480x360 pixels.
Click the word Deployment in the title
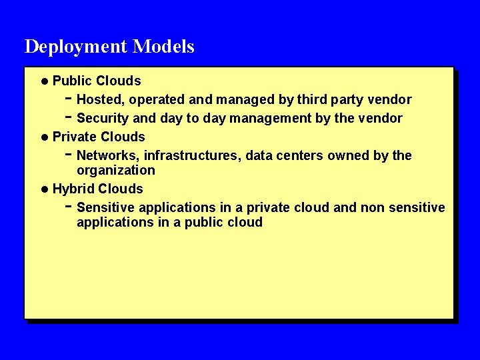[x=76, y=47]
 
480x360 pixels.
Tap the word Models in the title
[x=163, y=47]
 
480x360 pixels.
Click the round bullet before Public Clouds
[x=44, y=81]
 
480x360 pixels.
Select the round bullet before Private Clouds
[x=44, y=137]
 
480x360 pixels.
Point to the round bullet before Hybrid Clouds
[x=44, y=189]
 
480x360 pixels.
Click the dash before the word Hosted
[x=69, y=99]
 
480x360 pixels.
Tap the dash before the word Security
[x=69, y=117]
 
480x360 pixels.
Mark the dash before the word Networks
[x=69, y=155]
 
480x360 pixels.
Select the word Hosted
[x=101, y=100]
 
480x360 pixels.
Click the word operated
[x=157, y=100]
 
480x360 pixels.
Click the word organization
[x=116, y=171]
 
